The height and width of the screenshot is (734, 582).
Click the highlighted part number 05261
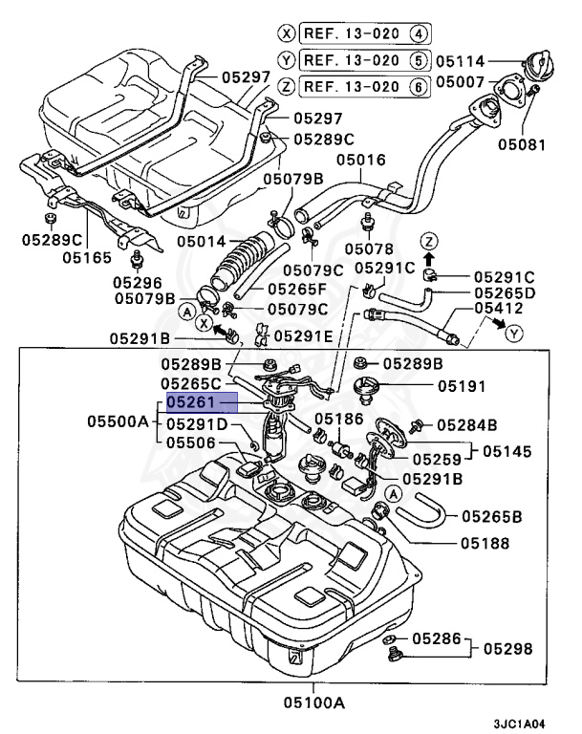pos(201,403)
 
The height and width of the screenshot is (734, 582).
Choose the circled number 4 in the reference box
pos(418,32)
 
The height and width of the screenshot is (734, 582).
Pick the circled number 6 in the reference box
pos(418,86)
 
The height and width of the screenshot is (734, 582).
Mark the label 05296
pos(138,282)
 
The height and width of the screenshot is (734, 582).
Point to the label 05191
pos(462,387)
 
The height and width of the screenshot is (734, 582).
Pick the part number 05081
pos(523,145)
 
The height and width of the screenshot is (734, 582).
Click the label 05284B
pos(467,424)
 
